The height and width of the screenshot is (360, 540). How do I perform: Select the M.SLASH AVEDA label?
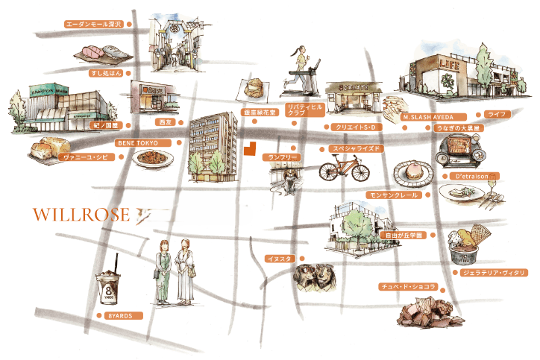(x=433, y=117)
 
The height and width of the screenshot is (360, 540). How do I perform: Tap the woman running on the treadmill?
(x=298, y=63)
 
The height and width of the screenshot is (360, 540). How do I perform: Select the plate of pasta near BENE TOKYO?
(x=152, y=157)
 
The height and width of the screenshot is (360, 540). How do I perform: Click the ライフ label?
(x=496, y=114)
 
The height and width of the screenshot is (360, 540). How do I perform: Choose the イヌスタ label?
(x=280, y=259)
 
